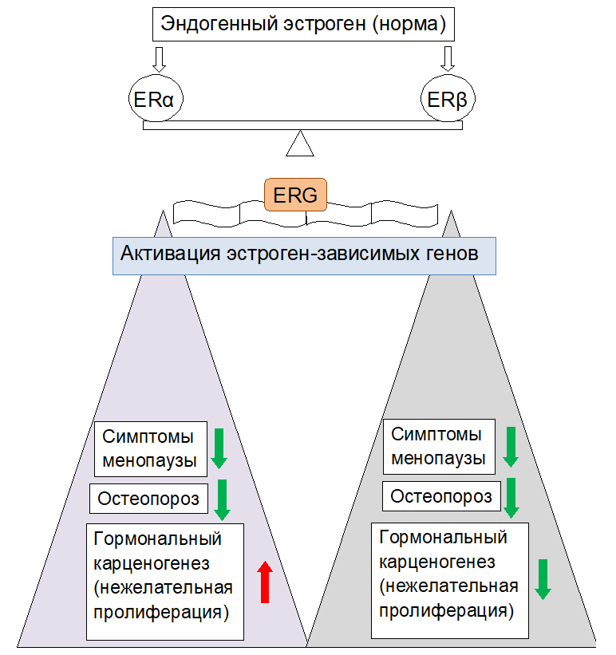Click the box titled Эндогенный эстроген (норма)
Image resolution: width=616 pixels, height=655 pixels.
click(x=303, y=24)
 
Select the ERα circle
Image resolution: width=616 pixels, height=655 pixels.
click(x=156, y=100)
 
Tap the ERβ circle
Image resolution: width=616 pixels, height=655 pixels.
click(x=448, y=100)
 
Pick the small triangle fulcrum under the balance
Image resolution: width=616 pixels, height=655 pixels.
click(x=301, y=145)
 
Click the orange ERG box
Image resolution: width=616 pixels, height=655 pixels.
click(x=295, y=195)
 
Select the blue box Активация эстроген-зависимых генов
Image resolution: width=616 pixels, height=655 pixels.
click(x=303, y=255)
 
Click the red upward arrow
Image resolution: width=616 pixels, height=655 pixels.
click(x=265, y=582)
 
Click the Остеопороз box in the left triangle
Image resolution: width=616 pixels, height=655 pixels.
click(x=149, y=499)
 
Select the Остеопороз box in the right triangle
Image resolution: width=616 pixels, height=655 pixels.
click(x=441, y=497)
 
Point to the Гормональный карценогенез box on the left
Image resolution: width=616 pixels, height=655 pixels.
click(x=164, y=581)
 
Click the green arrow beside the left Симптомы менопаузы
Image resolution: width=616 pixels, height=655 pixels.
click(x=219, y=448)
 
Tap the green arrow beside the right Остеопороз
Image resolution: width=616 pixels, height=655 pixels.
click(x=511, y=498)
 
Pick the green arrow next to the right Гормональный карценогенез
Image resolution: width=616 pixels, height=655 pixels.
click(x=543, y=578)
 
